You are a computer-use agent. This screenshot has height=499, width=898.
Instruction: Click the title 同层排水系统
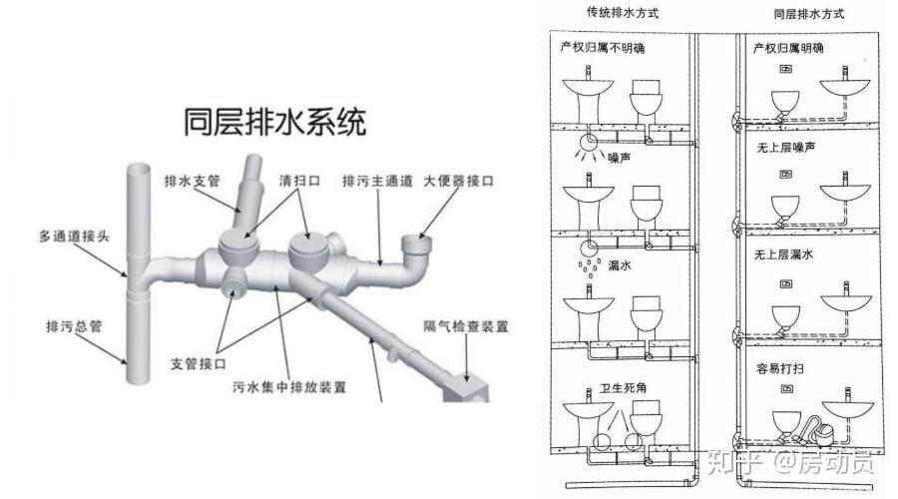click(275, 123)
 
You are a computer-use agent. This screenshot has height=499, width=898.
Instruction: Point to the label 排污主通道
click(376, 181)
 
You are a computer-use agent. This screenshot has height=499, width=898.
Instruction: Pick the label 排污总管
click(71, 326)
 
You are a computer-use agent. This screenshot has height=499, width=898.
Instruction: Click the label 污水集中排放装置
click(290, 384)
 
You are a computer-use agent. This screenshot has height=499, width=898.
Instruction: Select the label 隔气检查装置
click(466, 326)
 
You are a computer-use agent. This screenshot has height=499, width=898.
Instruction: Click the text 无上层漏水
click(785, 254)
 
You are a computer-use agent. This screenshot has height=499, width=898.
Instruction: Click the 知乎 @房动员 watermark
click(789, 462)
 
